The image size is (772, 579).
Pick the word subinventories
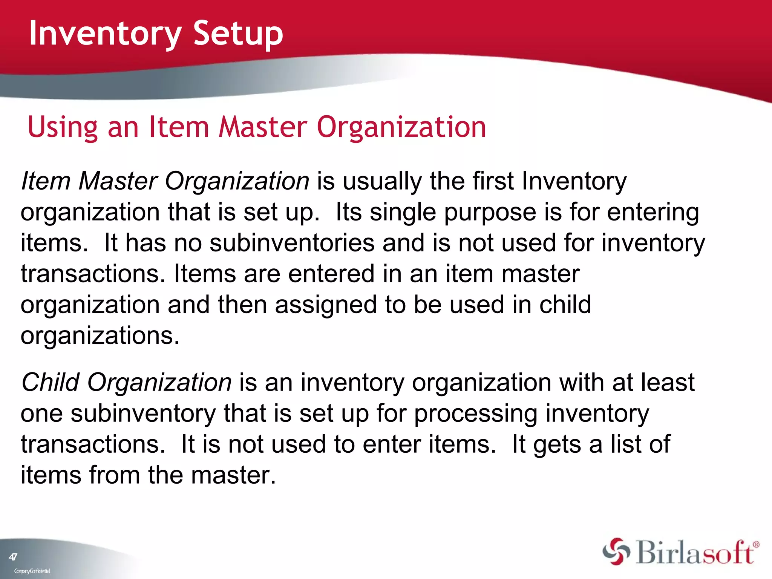point(292,243)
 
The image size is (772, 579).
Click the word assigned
point(326,305)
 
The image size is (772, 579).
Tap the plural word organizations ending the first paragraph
point(100,336)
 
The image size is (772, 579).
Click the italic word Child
point(51,382)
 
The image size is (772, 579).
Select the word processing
point(476,414)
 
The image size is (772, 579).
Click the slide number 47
point(13,557)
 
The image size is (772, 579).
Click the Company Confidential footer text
point(32,571)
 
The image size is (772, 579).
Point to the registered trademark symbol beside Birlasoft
point(755,545)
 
